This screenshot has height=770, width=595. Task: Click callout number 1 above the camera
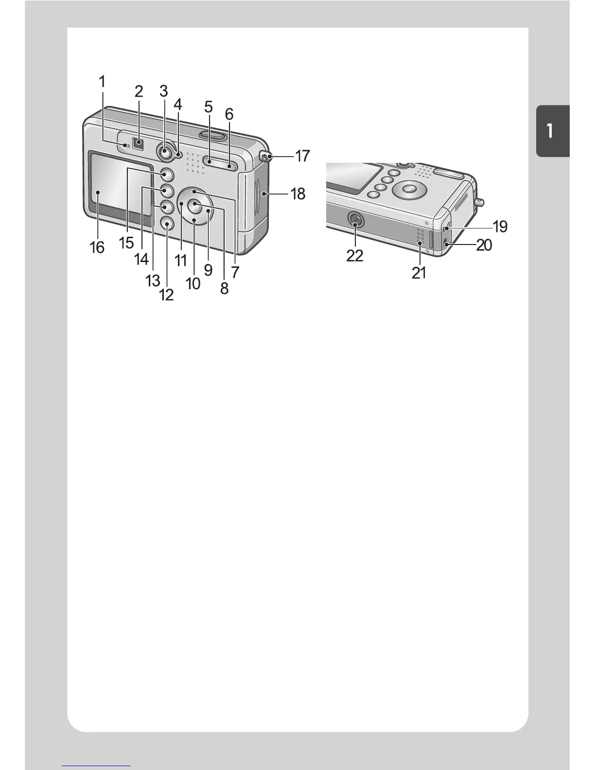pos(102,82)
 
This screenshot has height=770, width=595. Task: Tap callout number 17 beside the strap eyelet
pos(302,156)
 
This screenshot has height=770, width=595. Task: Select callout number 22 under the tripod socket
pos(354,255)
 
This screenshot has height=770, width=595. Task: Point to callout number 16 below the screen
pos(97,247)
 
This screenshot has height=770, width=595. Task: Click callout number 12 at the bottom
pos(166,295)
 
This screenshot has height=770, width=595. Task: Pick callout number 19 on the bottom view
pos(500,226)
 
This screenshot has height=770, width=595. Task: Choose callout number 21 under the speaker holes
pos(419,273)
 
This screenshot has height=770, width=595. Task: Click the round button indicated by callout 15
pos(166,174)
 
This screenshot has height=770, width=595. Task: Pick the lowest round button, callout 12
pos(166,223)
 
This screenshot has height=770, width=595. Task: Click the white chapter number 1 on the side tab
pos(549,131)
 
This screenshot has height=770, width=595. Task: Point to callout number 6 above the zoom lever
pos(229,115)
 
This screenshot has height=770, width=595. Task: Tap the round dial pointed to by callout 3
pos(165,152)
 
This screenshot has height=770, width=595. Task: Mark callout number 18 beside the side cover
pos(297,194)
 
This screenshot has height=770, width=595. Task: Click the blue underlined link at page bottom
pos(96,766)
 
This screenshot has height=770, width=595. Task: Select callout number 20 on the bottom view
pos(484,245)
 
